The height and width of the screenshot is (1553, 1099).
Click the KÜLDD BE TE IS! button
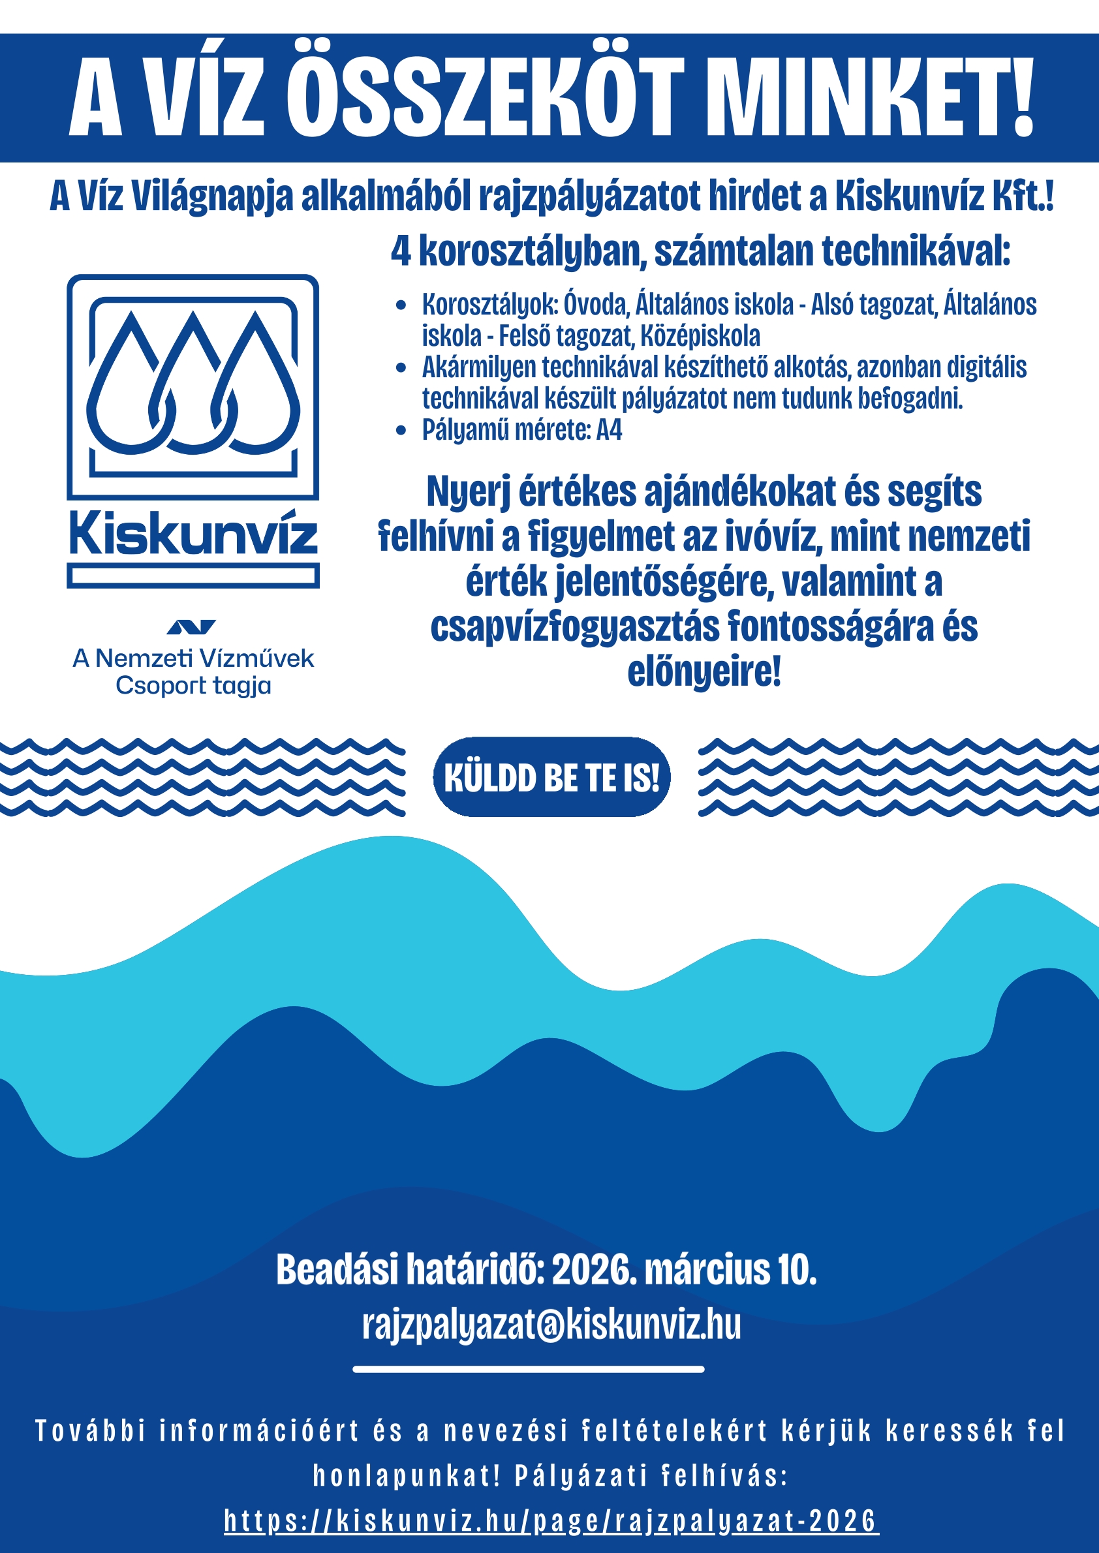pyautogui.click(x=551, y=777)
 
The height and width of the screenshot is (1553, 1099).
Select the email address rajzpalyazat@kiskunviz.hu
pyautogui.click(x=551, y=1325)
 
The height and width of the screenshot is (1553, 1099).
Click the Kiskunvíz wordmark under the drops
pyautogui.click(x=193, y=534)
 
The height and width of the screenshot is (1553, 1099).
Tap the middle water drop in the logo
pyautogui.click(x=194, y=386)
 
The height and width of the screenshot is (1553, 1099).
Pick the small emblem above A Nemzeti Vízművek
pyautogui.click(x=191, y=627)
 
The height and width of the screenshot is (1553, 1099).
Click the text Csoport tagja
pyautogui.click(x=194, y=686)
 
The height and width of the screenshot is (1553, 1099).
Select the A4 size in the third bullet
pyautogui.click(x=608, y=431)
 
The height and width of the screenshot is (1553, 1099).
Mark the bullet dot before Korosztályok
pyautogui.click(x=401, y=305)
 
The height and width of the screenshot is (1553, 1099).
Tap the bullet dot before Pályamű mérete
pyautogui.click(x=401, y=431)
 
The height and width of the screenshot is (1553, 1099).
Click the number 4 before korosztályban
pyautogui.click(x=401, y=252)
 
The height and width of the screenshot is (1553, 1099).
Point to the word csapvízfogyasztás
pyautogui.click(x=574, y=627)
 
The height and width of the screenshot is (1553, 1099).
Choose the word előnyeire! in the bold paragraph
pyautogui.click(x=704, y=672)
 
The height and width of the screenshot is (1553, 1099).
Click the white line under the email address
pyautogui.click(x=529, y=1369)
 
